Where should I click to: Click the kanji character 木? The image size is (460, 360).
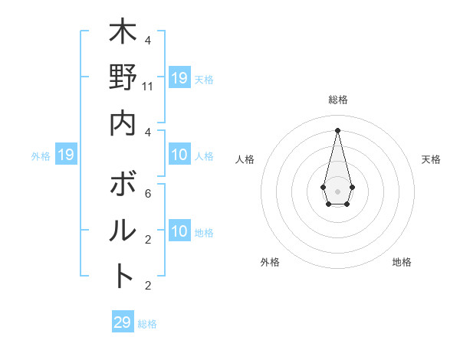(x=123, y=34)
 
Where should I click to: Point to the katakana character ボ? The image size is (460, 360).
(x=123, y=185)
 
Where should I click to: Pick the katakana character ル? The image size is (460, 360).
(x=123, y=231)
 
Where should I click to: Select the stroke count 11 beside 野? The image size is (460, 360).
(x=148, y=87)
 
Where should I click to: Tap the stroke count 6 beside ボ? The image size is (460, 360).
(x=148, y=195)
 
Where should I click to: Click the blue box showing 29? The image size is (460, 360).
(x=123, y=322)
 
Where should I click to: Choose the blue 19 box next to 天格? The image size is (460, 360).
(x=179, y=78)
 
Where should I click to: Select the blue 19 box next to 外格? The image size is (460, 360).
(x=66, y=155)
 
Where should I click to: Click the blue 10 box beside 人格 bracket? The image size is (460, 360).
(x=179, y=155)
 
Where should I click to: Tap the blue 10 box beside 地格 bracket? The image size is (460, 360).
(x=179, y=232)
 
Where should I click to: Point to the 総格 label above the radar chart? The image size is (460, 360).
(x=338, y=100)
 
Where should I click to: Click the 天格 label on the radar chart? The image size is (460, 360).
(x=431, y=159)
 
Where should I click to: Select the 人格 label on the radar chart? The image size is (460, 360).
(x=245, y=159)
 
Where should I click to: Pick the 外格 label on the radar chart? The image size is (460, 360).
(x=270, y=262)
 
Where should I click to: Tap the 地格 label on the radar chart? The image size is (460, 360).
(x=402, y=262)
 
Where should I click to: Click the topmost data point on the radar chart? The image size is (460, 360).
(x=338, y=129)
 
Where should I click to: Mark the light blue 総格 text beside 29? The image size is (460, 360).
(x=147, y=324)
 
